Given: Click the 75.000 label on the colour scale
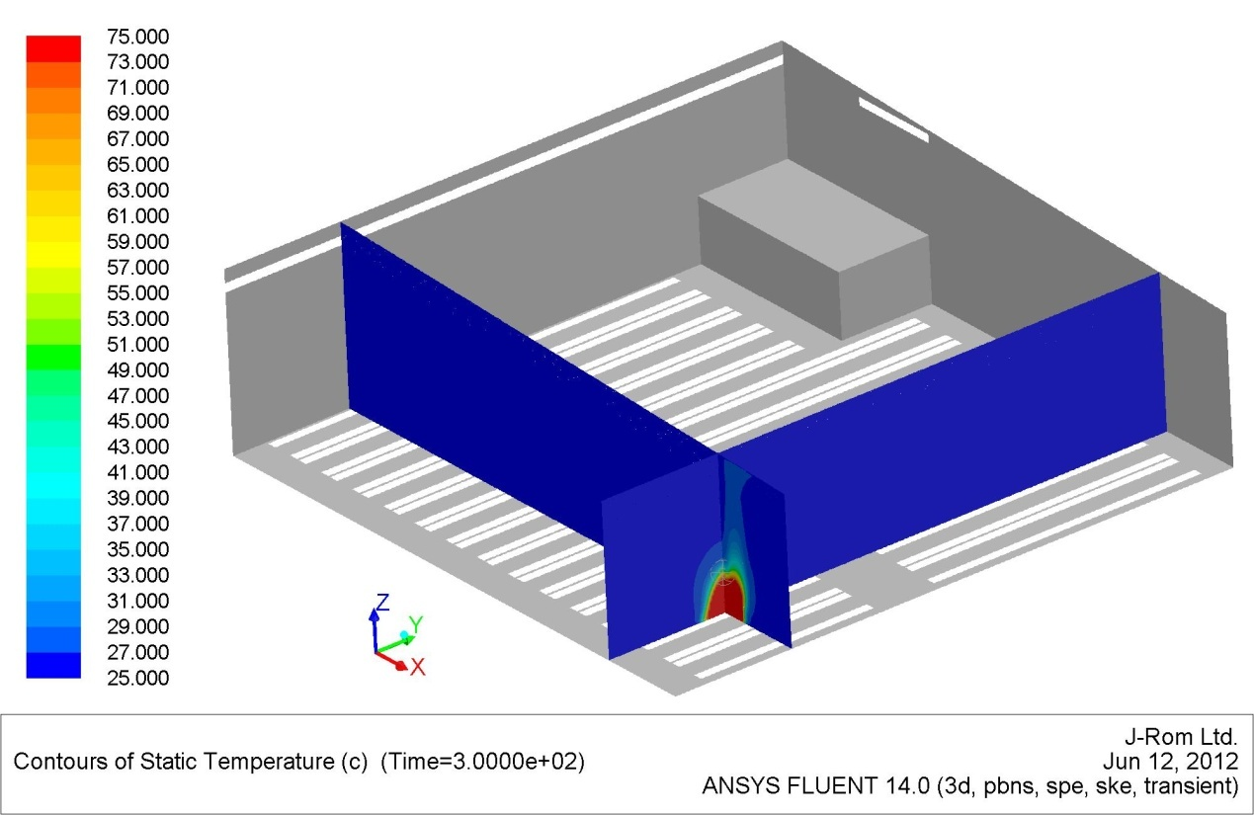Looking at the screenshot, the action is click(137, 37).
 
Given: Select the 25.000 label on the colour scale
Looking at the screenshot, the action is click(137, 678).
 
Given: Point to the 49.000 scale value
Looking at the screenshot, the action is click(137, 370).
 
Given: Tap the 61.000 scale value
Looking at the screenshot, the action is click(137, 216).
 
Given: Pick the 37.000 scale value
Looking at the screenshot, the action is click(137, 524).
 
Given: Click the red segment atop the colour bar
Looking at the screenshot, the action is click(53, 48).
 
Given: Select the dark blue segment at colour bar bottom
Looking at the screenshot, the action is click(53, 666).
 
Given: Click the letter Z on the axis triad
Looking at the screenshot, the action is click(382, 603).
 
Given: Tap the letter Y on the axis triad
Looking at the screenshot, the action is click(416, 623).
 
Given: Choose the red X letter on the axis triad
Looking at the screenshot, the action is click(418, 667).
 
